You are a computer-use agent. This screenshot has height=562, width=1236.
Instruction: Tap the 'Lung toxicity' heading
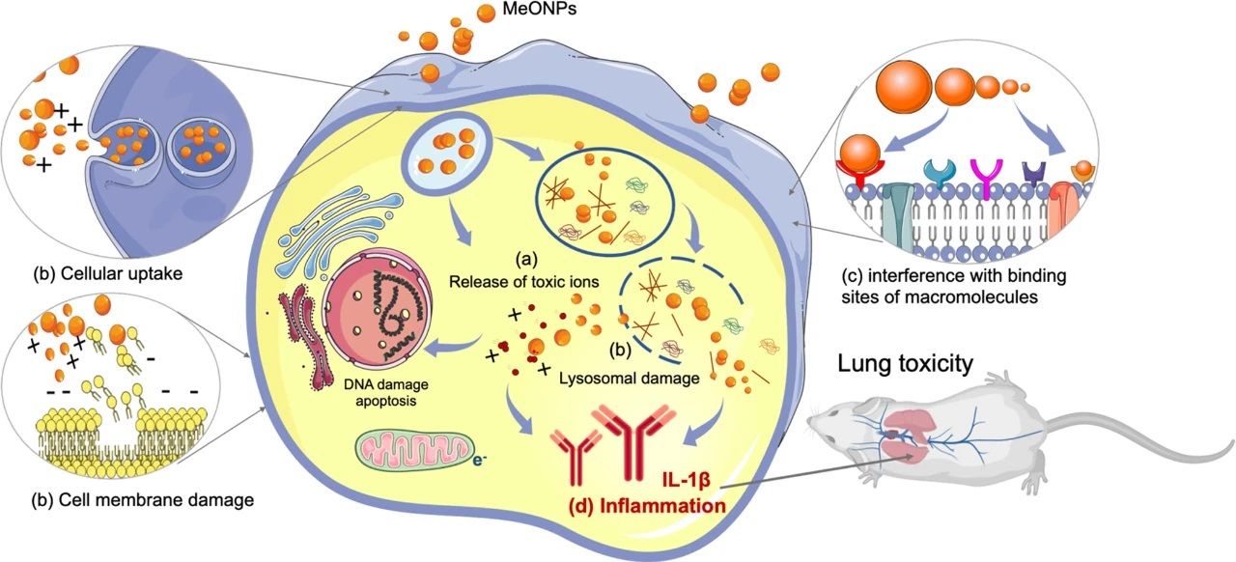pos(905,364)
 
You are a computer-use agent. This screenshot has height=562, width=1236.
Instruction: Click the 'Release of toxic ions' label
pos(524,281)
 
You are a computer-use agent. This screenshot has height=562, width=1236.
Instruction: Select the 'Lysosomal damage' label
pos(628,379)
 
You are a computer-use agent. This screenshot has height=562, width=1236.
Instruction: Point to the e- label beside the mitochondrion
pos(479,460)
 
